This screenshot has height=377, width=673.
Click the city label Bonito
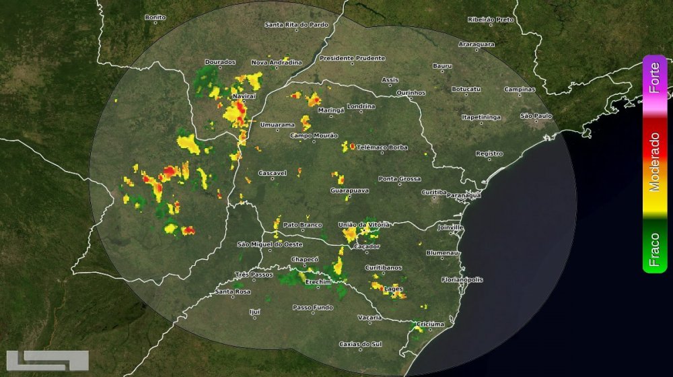pos(155,17)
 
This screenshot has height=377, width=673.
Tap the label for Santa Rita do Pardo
pos(297,25)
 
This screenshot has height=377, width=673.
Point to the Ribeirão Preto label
pos(491,20)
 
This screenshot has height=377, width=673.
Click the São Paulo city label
pos(536,116)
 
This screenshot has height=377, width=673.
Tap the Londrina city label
pos(361,106)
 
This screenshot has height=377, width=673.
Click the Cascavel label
pos(273,172)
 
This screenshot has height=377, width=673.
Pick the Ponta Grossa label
pos(400,178)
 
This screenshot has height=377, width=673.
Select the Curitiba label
pos(433,192)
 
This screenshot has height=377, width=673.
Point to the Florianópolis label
pos(462,279)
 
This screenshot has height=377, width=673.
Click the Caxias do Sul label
pos(360,344)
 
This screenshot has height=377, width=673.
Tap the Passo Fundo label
pos(312,307)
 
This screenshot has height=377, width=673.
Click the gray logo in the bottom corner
pos(47,362)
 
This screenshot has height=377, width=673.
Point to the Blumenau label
pos(442,252)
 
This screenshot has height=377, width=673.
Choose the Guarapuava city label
pos(349,191)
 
